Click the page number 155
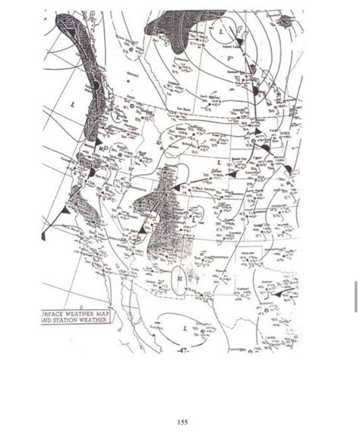182,423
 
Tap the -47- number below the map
182,351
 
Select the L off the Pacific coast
73,103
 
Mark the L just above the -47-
185,329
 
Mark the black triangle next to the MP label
92,172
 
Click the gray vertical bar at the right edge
355,296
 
